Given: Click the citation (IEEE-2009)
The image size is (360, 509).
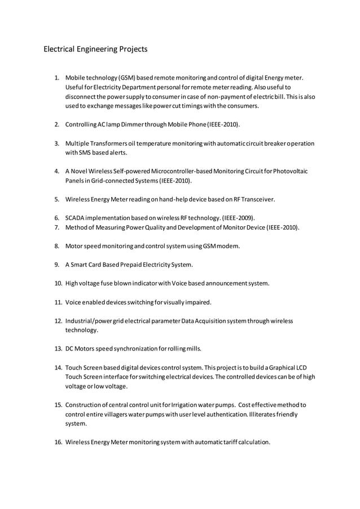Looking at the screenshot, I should click(x=238, y=218).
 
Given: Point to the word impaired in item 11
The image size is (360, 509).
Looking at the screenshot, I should click(x=198, y=302).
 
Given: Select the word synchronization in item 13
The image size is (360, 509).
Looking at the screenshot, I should click(x=130, y=348).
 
